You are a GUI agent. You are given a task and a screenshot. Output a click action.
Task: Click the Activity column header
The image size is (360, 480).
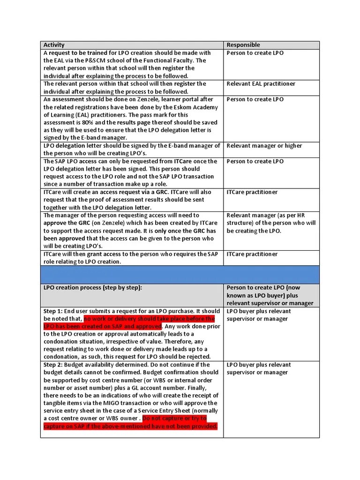click(x=54, y=45)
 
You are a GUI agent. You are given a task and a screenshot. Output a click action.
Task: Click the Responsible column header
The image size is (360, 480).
click(x=243, y=45)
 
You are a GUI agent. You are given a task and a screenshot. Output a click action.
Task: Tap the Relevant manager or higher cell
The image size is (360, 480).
click(x=264, y=146)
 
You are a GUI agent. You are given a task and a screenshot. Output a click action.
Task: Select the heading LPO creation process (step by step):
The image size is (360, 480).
click(x=92, y=288)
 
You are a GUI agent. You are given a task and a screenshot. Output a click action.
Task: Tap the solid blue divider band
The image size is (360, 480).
click(x=180, y=274)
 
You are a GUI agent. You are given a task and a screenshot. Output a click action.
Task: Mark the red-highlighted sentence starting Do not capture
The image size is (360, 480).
click(x=131, y=422)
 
